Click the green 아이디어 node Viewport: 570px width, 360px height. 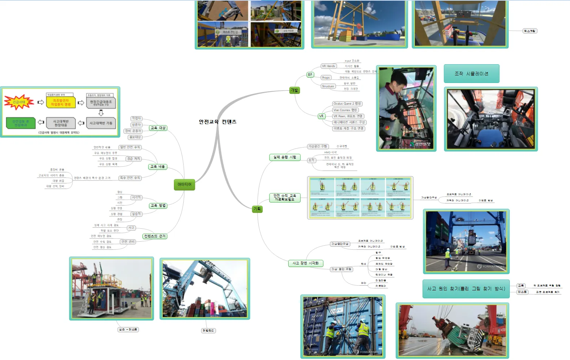point(184,184)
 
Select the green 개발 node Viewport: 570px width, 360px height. point(294,90)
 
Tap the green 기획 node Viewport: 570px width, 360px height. point(257,209)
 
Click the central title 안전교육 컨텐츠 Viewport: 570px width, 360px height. point(218,122)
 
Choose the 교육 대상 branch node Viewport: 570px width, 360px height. point(158,128)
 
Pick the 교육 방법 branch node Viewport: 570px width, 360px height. point(158,206)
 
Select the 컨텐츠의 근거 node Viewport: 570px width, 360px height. point(155,236)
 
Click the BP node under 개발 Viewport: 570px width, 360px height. point(310,75)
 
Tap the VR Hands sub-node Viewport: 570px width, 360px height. point(328,66)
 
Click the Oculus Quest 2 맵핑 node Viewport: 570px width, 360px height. point(347,104)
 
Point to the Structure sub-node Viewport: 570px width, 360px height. point(328,86)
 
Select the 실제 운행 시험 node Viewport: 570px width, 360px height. point(285,157)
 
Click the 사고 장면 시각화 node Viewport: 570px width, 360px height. point(306,263)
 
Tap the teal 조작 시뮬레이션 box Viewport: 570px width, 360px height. point(471,74)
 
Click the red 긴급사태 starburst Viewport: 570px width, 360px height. point(19,102)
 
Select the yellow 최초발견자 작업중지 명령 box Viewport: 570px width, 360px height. point(61,102)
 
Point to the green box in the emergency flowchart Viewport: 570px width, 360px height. point(21,123)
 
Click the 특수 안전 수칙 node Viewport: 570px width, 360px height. point(130,178)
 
